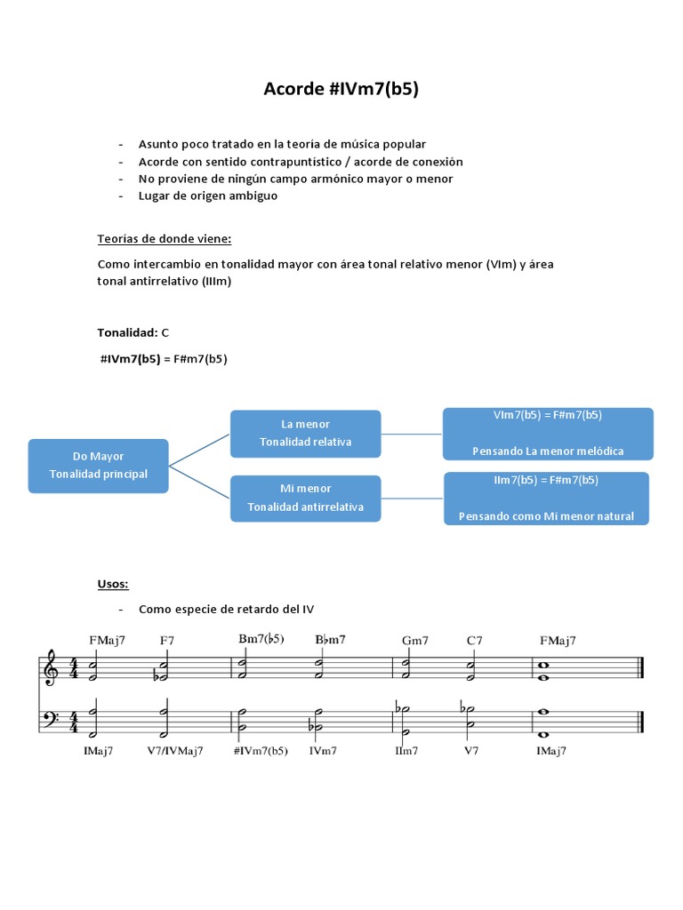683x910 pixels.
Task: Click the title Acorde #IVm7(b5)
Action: pos(341,89)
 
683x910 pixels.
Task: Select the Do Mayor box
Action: pos(99,465)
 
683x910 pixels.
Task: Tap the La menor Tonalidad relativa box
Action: pos(305,433)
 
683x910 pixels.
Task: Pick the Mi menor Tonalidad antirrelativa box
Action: pos(305,498)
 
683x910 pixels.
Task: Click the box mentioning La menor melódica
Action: pos(548,434)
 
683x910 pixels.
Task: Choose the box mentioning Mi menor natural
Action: pos(546,499)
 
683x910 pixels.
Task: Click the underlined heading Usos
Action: pos(113,584)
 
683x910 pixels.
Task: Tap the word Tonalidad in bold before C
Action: pos(126,332)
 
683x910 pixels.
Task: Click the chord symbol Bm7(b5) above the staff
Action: pos(261,639)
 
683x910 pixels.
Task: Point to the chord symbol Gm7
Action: pos(414,640)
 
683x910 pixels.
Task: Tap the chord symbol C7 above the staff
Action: pos(475,640)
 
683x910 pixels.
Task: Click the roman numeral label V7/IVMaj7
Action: pos(175,750)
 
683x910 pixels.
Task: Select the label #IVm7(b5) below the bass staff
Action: pos(261,750)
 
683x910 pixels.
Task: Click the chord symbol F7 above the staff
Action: pos(168,640)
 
